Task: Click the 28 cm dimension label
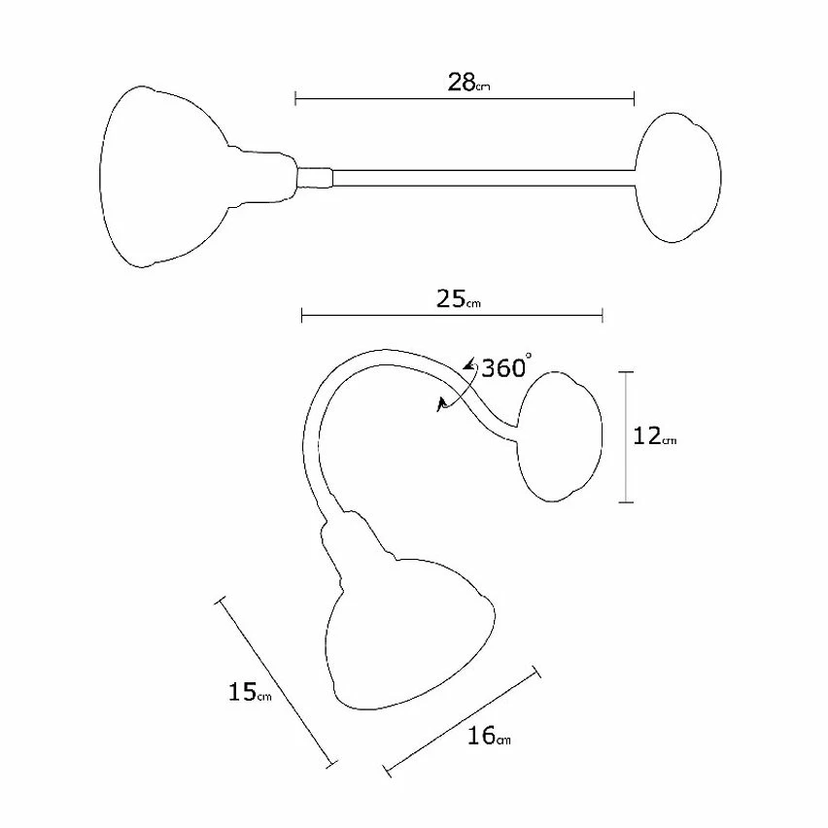click(x=468, y=83)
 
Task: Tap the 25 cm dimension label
click(x=459, y=299)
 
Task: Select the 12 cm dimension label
click(x=654, y=436)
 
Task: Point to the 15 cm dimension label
click(x=250, y=692)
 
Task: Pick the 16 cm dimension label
click(x=489, y=735)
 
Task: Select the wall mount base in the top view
click(x=678, y=178)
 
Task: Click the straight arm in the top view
click(x=483, y=178)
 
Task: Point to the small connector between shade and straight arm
click(x=315, y=178)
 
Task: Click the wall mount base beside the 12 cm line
click(x=560, y=436)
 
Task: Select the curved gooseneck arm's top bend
click(x=386, y=357)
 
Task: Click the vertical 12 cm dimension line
click(x=626, y=437)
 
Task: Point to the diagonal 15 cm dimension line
click(x=276, y=681)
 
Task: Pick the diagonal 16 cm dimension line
click(x=463, y=721)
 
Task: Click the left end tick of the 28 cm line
click(x=295, y=98)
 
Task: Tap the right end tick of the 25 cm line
click(x=603, y=316)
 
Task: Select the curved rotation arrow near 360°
click(x=459, y=387)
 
